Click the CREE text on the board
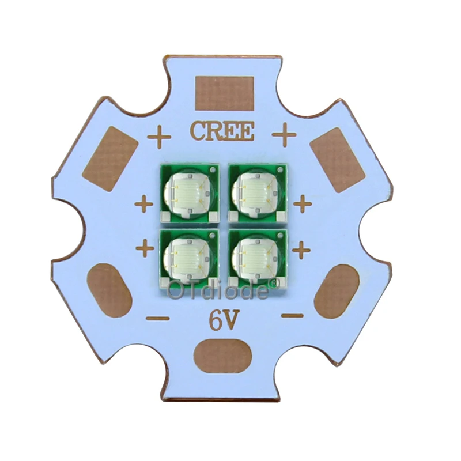[222, 131]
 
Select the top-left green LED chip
[190, 193]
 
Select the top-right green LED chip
[258, 193]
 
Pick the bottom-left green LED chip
[189, 259]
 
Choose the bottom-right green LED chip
[258, 259]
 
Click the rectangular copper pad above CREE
[224, 93]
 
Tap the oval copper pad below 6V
[223, 356]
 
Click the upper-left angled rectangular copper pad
[110, 159]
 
